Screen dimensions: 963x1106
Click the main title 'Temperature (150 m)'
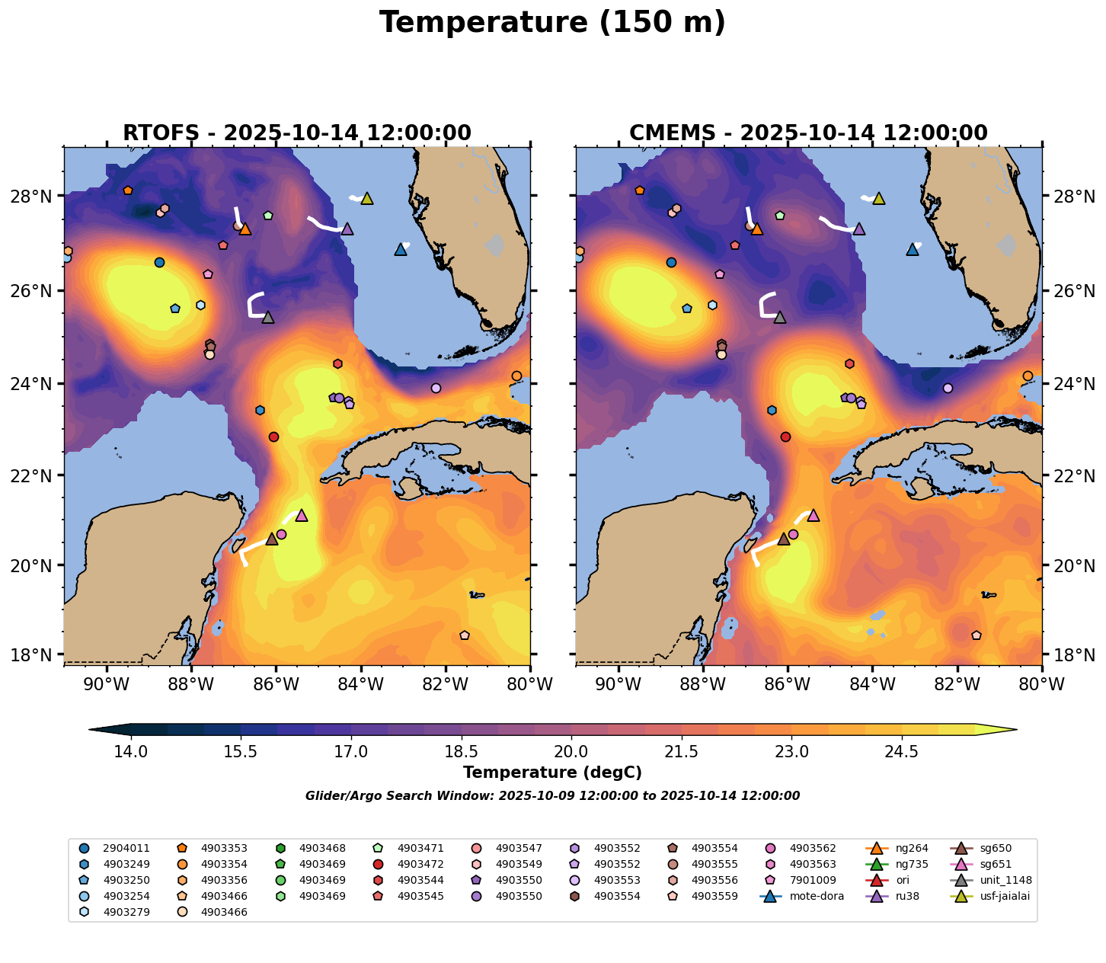click(x=552, y=23)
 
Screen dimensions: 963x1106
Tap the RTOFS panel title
click(x=297, y=133)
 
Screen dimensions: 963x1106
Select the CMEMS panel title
click(x=808, y=133)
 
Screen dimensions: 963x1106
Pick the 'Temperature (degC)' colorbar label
click(x=552, y=773)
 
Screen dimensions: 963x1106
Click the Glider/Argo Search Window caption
click(x=552, y=796)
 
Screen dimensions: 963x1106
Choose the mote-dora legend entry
click(x=816, y=896)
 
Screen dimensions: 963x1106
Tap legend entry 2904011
click(x=126, y=848)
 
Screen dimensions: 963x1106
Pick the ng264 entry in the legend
click(x=911, y=848)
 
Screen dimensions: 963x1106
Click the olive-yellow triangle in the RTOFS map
click(x=367, y=198)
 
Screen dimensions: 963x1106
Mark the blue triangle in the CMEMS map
click(x=913, y=249)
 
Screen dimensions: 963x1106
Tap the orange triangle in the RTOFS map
click(x=245, y=229)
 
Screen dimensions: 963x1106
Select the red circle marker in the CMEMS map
click(x=785, y=437)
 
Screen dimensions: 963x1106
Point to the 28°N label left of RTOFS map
click(x=40, y=197)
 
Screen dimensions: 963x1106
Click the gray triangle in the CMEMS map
click(x=780, y=317)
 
